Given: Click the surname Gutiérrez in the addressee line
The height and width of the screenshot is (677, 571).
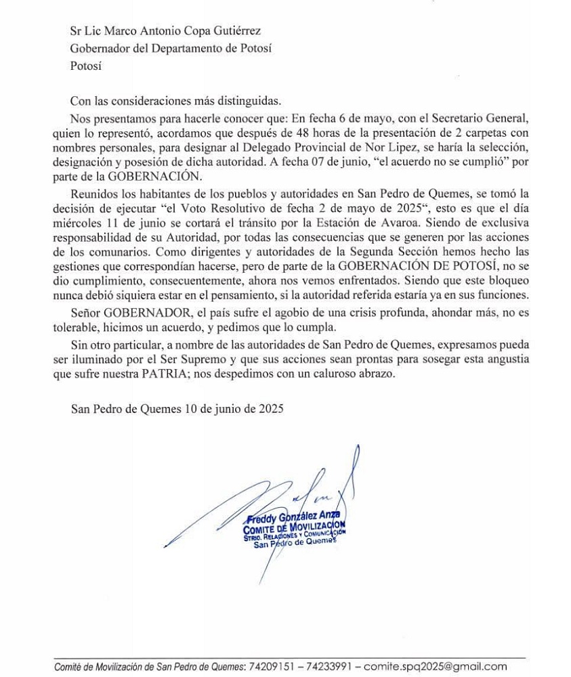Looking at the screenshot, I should coord(235,31).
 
